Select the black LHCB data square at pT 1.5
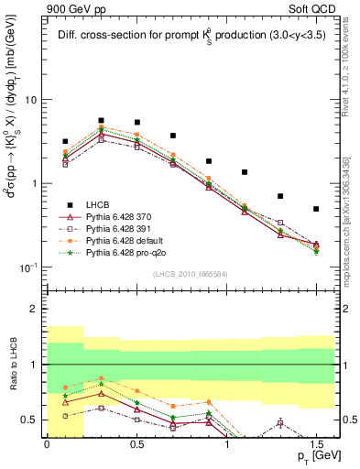316,209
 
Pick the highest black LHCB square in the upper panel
101,120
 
